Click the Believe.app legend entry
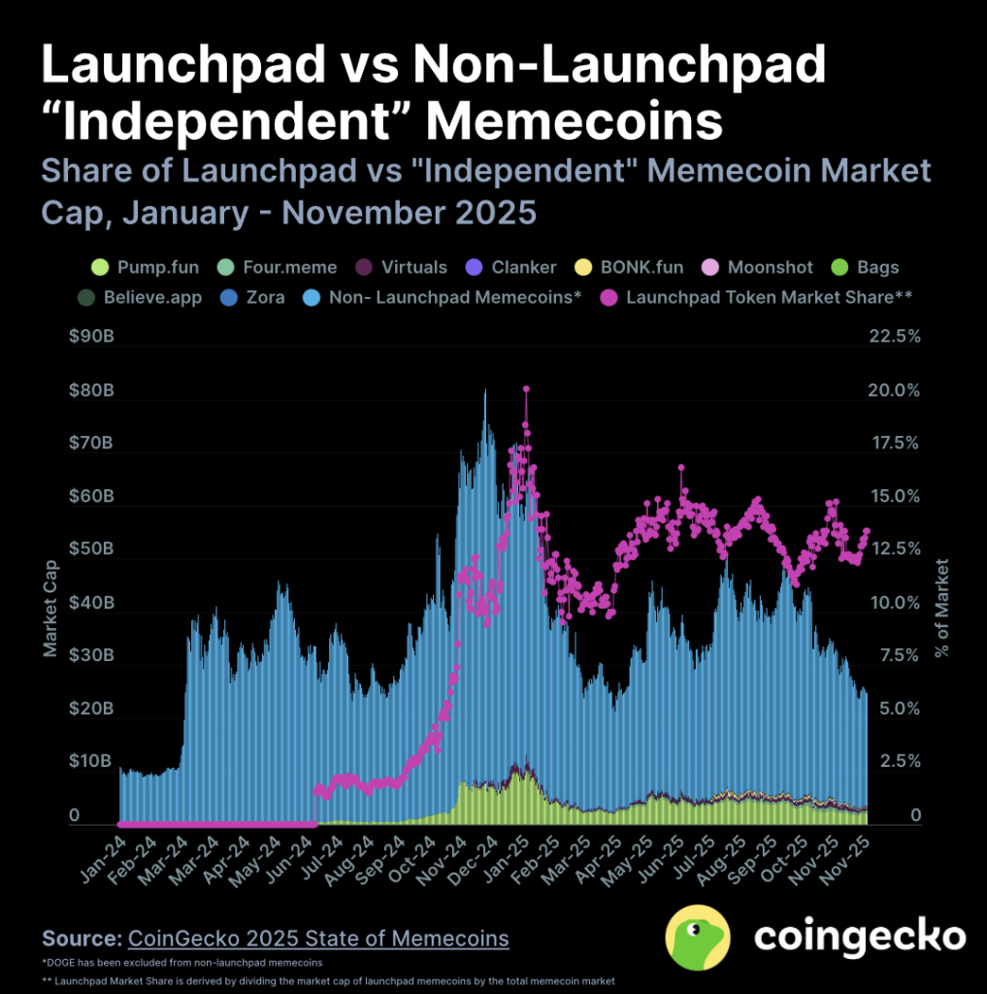click(143, 297)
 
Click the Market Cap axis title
click(50, 609)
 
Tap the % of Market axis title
click(939, 609)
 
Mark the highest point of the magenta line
click(526, 388)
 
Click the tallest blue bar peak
click(485, 391)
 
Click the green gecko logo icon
click(697, 937)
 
